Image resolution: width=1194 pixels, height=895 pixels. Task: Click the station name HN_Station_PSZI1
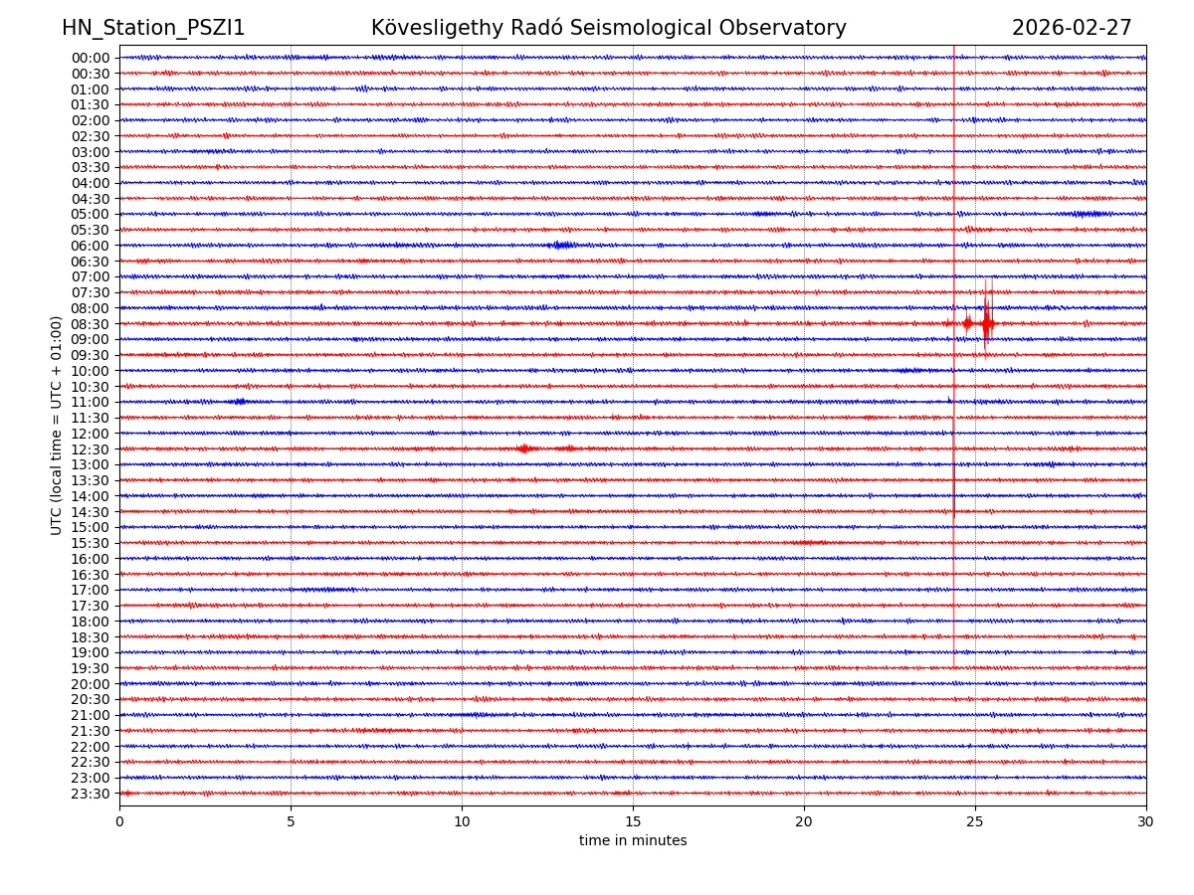pos(153,29)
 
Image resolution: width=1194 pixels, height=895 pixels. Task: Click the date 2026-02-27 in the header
pos(1072,29)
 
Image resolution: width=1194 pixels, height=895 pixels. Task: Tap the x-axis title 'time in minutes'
pos(633,841)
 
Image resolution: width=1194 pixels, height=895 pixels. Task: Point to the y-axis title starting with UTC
pos(57,425)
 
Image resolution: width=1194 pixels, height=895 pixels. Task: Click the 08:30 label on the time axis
pos(91,324)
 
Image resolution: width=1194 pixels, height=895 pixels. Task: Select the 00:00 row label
pos(91,58)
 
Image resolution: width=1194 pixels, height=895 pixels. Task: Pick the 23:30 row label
pos(91,794)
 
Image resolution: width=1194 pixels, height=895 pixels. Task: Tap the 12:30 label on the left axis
pos(91,449)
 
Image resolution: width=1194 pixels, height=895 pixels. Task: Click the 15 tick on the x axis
pos(633,821)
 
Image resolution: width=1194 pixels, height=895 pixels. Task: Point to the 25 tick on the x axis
pos(975,821)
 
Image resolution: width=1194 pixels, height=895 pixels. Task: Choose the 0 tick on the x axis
pos(119,821)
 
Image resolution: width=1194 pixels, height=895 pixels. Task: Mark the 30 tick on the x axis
pos(1146,821)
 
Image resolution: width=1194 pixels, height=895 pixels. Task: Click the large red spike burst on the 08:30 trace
pos(986,323)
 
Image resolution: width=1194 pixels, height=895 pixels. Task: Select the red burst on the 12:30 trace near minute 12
pos(523,448)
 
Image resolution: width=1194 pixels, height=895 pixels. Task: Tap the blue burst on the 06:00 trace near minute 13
pos(562,245)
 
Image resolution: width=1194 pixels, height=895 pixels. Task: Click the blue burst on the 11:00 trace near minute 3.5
pos(238,402)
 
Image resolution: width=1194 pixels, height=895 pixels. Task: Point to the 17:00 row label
pos(91,590)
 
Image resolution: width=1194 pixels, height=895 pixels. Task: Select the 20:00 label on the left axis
pos(91,684)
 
